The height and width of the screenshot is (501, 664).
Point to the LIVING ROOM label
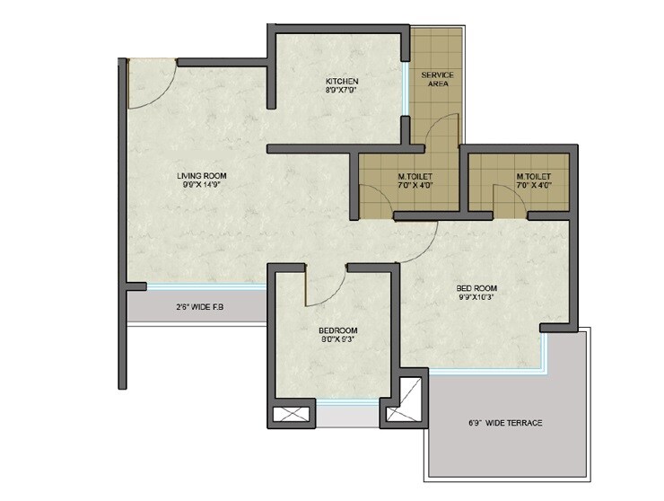[201, 175]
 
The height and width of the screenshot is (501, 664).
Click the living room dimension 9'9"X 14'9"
[201, 186]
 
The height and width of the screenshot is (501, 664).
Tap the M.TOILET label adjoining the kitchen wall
[415, 176]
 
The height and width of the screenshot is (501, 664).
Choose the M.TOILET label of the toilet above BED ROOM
[533, 176]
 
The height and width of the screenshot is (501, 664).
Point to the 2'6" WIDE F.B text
[198, 308]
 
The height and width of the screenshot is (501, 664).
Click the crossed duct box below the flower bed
[293, 417]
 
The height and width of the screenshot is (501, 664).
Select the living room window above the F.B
[206, 287]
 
